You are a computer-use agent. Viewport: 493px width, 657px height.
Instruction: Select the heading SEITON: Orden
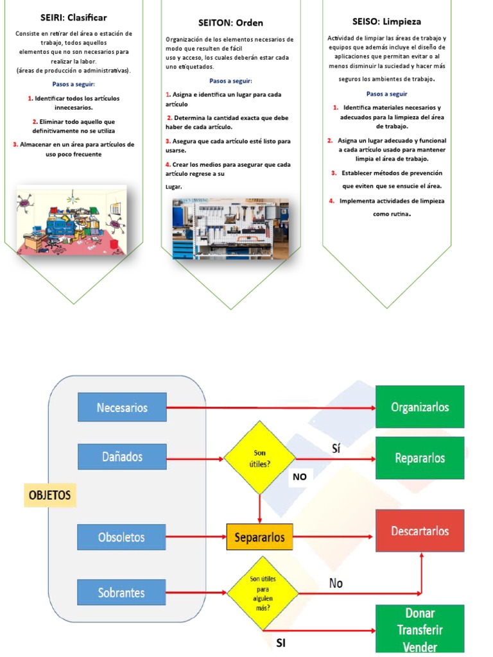230,22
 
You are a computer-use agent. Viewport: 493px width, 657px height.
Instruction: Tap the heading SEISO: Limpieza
386,21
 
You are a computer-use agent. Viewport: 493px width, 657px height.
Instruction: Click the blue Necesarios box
122,407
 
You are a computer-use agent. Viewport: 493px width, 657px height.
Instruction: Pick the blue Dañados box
122,457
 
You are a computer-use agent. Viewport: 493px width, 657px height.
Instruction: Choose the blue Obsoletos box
122,537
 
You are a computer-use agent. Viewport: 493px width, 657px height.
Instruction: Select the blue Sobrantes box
122,592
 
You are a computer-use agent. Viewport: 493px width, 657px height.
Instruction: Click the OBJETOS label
49,495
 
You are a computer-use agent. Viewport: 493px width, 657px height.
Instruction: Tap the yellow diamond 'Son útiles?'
259,457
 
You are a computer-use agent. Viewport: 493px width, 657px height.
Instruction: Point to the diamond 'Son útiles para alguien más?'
263,593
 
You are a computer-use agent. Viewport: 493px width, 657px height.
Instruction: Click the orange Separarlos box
259,537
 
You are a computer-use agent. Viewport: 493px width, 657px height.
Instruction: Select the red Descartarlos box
419,531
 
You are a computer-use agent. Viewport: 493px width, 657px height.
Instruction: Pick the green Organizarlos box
419,407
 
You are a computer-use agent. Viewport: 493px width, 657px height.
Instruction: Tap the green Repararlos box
419,458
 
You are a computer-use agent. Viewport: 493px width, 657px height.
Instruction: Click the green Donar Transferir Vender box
419,629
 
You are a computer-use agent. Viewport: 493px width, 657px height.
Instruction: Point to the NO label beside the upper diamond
300,477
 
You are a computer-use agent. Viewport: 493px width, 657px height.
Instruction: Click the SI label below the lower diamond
281,642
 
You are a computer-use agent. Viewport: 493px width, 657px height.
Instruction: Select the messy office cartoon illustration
71,219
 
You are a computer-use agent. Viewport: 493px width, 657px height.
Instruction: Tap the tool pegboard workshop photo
230,228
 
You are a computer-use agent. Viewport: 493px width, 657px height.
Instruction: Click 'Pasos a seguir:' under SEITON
230,81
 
